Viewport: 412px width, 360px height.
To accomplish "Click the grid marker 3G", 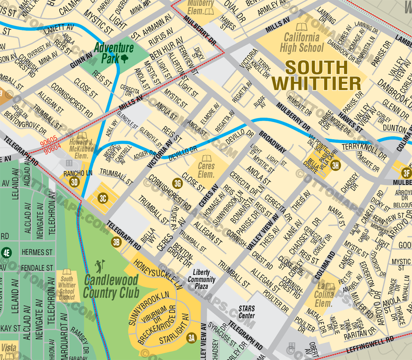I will [178, 183].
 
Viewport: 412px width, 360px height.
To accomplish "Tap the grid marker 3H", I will [335, 166].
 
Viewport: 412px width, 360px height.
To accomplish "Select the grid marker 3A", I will [192, 338].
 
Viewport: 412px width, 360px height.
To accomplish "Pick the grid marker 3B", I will [116, 242].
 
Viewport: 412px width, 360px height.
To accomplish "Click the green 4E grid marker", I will [6, 253].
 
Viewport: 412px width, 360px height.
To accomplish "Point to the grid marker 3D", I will [74, 182].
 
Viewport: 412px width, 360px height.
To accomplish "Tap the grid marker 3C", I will [103, 198].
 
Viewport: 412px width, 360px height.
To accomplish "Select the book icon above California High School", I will [301, 27].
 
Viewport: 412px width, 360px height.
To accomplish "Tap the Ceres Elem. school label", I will [206, 170].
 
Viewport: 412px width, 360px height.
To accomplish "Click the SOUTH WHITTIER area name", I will [316, 75].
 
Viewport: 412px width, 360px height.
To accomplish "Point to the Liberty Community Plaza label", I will [202, 279].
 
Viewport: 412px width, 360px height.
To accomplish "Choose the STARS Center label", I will [247, 312].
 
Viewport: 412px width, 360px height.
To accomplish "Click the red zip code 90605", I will [48, 140].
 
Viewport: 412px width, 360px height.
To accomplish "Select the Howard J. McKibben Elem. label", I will [81, 149].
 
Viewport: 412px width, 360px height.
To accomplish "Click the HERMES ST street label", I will [37, 252].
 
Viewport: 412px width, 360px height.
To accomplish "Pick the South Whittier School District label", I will [67, 288].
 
